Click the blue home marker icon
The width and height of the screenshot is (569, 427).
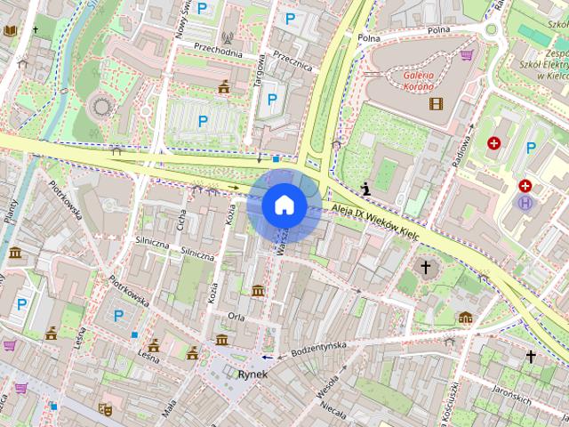coord(284,205)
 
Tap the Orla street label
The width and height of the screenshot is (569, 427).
coord(236,316)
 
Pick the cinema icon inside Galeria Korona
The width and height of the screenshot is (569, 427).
coord(435,103)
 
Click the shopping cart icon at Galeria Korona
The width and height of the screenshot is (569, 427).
coord(467,55)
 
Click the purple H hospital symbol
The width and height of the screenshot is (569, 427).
coord(525,203)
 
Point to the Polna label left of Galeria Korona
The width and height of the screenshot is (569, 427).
coord(368,38)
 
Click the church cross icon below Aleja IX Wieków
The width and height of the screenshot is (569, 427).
coord(425,267)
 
